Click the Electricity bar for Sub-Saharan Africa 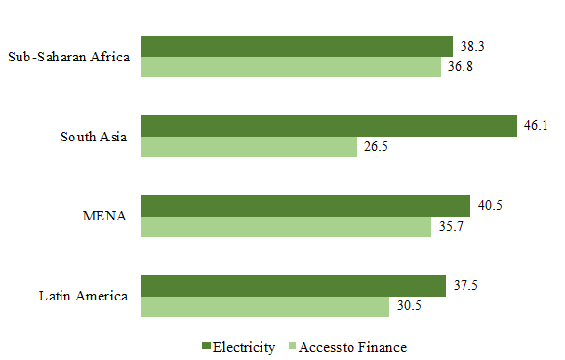coord(298,46)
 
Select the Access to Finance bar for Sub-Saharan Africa coord(292,67)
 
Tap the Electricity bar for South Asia coord(329,126)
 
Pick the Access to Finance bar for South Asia coord(250,147)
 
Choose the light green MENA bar coord(287,226)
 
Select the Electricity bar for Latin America coord(294,285)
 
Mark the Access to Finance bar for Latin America coord(265,306)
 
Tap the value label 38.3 coord(471,46)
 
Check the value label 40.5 coord(489,205)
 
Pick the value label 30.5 coord(408,306)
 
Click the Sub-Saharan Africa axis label coord(68,57)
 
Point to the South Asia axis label coord(95,137)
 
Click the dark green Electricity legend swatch coord(205,347)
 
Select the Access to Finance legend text coord(352,347)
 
